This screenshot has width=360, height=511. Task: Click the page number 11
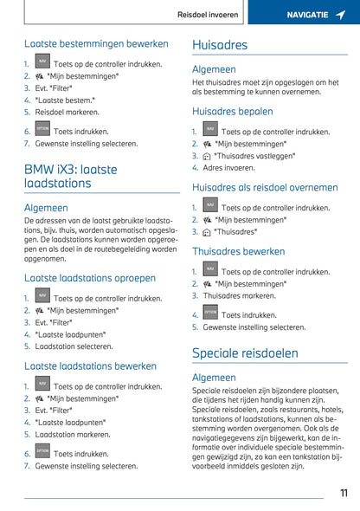344,493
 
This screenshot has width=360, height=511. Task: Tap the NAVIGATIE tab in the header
307,15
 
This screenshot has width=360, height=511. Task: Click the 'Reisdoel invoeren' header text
209,15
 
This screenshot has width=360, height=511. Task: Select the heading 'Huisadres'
220,45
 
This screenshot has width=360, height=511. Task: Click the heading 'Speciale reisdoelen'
245,353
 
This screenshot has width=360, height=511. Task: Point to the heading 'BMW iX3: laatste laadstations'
71,177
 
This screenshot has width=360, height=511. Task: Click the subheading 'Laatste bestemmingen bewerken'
97,43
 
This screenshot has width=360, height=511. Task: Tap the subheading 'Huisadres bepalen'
232,111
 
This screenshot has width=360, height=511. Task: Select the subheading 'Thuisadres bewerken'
239,251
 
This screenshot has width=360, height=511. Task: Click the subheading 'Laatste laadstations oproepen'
90,278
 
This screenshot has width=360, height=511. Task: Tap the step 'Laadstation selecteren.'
74,346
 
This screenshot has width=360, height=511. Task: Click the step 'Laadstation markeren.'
73,435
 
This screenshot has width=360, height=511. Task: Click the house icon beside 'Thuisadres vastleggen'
206,157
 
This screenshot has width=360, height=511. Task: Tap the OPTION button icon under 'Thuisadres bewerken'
210,313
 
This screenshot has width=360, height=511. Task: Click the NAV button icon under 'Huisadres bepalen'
210,130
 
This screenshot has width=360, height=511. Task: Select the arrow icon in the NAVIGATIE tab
340,15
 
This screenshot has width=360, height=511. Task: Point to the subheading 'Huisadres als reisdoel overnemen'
265,187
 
